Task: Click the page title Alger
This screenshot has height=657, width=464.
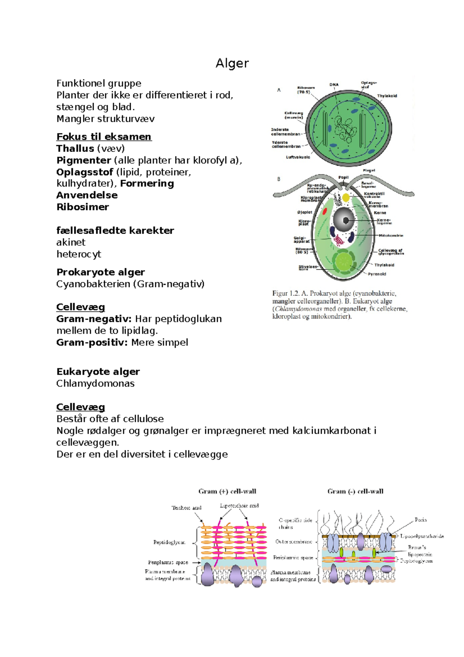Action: click(232, 63)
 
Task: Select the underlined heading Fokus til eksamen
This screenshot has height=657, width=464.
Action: click(104, 137)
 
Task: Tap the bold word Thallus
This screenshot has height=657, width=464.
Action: click(75, 149)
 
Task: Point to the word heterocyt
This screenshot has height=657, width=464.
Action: click(78, 254)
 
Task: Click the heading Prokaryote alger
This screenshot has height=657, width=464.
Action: click(101, 272)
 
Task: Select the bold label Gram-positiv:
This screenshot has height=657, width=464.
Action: click(92, 342)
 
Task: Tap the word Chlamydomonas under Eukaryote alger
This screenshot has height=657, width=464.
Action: click(95, 383)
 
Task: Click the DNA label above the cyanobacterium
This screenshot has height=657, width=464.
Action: click(334, 84)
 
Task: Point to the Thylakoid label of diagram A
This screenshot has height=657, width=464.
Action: click(387, 96)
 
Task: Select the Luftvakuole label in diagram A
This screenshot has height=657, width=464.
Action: click(298, 157)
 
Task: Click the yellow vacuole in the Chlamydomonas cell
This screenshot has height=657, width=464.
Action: click(346, 198)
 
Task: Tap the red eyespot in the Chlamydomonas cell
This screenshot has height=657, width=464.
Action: click(325, 211)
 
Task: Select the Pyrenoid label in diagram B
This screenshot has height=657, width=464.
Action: click(377, 274)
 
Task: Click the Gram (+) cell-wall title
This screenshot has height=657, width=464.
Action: click(227, 491)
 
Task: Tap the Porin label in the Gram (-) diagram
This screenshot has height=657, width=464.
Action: click(420, 520)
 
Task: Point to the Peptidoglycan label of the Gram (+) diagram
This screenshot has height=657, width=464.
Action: click(169, 542)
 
